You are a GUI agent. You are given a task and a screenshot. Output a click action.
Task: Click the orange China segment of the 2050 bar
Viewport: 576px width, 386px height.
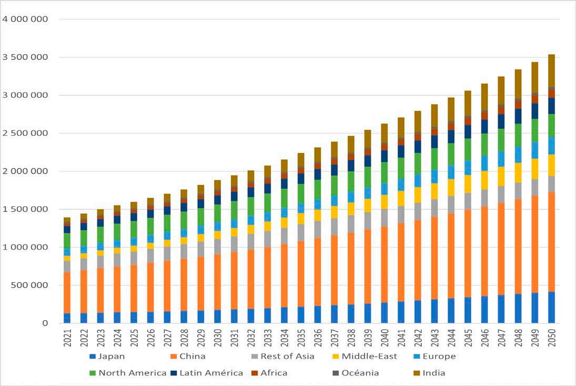tap(551, 242)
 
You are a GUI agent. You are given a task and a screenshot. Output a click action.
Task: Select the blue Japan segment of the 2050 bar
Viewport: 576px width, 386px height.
tap(551, 307)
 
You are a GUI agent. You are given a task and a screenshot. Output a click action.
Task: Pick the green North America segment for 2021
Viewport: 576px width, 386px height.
tap(67, 240)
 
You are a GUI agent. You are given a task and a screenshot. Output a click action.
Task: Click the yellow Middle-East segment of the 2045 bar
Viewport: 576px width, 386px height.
tap(468, 184)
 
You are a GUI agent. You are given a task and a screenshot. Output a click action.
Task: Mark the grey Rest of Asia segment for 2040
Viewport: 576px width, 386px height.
tap(384, 217)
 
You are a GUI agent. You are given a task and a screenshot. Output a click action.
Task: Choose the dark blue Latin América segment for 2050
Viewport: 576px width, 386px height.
tap(551, 106)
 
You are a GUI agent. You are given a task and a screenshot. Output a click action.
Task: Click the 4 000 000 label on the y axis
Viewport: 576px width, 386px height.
tap(33, 19)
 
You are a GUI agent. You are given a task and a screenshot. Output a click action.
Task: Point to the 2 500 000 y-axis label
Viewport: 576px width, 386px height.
tap(33, 133)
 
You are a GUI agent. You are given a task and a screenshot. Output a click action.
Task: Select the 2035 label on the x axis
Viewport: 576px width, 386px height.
tap(301, 337)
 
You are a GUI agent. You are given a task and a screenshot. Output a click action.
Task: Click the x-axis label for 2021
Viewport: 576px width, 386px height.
tap(67, 337)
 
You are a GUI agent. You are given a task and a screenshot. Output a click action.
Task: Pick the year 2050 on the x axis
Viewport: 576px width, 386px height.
tap(552, 337)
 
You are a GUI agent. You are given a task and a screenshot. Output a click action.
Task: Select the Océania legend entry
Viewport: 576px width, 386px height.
tap(360, 373)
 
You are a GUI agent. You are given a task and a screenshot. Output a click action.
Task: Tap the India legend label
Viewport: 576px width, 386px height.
tap(433, 373)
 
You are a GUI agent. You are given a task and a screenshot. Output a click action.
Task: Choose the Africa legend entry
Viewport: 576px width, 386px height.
tap(274, 373)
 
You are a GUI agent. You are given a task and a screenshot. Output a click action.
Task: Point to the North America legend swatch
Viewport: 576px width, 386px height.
tap(92, 373)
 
